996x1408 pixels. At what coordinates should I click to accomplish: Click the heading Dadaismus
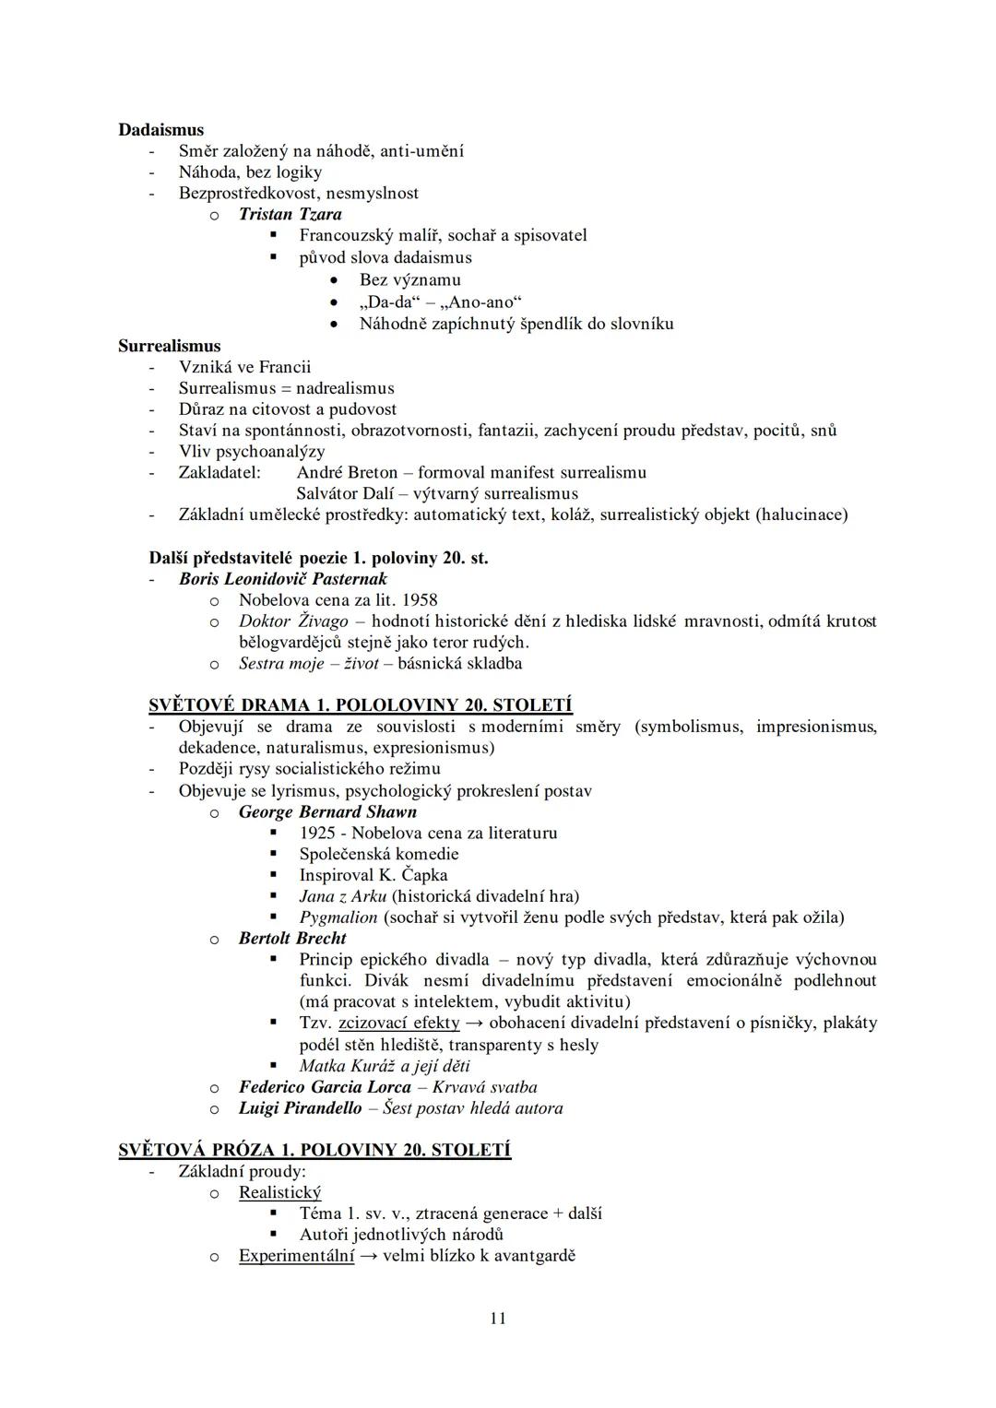160,130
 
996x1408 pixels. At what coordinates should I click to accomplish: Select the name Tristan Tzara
290,214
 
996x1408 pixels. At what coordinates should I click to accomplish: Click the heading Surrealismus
169,346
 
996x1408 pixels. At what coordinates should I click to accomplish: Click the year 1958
420,600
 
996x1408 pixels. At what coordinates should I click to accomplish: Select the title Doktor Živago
293,621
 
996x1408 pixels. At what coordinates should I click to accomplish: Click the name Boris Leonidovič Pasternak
282,579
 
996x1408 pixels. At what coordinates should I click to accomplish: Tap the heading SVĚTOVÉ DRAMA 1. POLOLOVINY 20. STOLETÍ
361,705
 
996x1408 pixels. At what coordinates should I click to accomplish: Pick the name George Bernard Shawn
327,811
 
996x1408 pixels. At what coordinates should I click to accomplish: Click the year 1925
317,833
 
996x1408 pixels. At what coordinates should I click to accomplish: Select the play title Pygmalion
338,917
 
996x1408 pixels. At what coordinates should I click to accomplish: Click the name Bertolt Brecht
292,938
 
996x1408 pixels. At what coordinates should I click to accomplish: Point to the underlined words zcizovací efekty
398,1023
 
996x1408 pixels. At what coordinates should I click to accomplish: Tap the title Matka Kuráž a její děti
385,1066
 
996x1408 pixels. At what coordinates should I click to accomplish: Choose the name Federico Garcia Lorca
325,1087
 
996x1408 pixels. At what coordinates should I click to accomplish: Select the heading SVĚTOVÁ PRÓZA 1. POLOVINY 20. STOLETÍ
314,1150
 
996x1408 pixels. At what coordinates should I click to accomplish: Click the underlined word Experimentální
296,1255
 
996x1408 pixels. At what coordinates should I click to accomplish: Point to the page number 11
498,1319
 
